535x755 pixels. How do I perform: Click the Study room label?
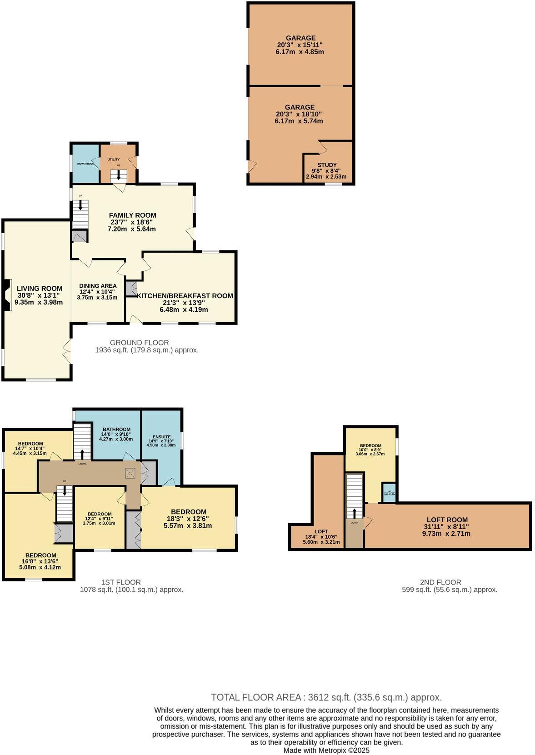[327, 165]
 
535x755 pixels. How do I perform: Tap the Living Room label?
[40, 288]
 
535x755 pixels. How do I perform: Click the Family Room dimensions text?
[131, 225]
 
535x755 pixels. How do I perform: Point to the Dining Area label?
[98, 286]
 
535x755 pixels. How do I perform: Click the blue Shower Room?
[85, 163]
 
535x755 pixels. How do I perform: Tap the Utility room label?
[114, 160]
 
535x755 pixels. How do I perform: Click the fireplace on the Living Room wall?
[6, 295]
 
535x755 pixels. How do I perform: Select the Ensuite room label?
[161, 436]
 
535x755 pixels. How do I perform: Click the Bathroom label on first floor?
[116, 429]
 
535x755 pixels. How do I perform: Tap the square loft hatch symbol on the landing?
[131, 474]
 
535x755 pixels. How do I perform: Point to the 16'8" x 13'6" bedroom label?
[41, 555]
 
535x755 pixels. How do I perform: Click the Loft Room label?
[447, 520]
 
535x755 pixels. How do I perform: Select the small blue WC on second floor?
[389, 493]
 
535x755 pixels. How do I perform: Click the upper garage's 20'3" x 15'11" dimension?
[300, 45]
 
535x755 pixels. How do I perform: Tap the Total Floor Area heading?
[256, 697]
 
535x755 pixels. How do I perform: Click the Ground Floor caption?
[139, 342]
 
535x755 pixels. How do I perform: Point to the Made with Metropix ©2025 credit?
[326, 750]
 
